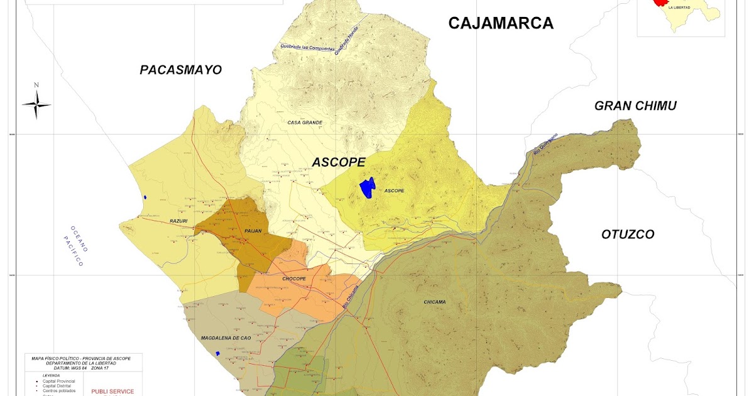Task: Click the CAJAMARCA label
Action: [x=501, y=24]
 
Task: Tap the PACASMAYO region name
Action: [x=181, y=70]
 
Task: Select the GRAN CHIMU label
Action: [x=635, y=106]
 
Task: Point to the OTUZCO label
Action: [x=628, y=234]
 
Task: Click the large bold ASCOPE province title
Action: [x=339, y=162]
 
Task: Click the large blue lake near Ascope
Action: [x=367, y=187]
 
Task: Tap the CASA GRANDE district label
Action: [x=305, y=123]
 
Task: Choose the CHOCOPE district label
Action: [x=293, y=278]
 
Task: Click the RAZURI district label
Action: [x=179, y=221]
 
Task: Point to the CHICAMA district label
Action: [x=435, y=302]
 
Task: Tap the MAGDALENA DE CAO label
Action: [x=226, y=338]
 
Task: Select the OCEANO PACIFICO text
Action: [x=77, y=246]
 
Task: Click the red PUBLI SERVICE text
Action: [x=112, y=391]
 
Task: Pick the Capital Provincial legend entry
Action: [x=61, y=381]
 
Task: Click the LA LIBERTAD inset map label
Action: [x=679, y=8]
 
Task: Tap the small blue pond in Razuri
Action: [x=145, y=197]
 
